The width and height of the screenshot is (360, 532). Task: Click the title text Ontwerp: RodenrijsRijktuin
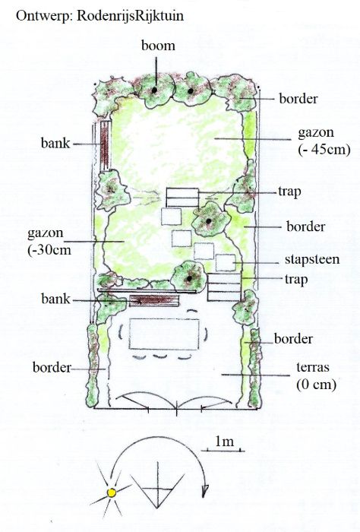click(99, 16)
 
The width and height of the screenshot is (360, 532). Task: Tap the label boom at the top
click(158, 46)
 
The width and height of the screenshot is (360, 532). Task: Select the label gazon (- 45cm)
click(324, 141)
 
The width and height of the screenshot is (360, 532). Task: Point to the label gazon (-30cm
click(50, 242)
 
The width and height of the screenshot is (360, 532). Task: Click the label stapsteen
click(312, 260)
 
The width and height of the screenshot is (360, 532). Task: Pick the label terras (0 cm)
click(316, 376)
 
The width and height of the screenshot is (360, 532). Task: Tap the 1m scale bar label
click(224, 441)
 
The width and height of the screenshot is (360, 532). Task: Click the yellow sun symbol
click(111, 492)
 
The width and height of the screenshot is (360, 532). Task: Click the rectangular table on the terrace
click(164, 334)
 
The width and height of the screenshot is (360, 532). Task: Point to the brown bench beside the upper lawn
click(105, 145)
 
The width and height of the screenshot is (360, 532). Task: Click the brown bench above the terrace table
click(154, 300)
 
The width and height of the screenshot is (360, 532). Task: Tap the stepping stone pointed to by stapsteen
click(226, 263)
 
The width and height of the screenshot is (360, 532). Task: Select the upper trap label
click(289, 192)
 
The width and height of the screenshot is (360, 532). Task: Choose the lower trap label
click(296, 280)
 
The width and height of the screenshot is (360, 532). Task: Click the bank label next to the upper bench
click(55, 143)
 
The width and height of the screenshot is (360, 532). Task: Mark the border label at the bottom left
click(52, 367)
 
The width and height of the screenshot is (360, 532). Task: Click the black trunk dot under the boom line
click(154, 90)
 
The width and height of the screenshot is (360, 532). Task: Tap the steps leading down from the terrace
click(224, 287)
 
